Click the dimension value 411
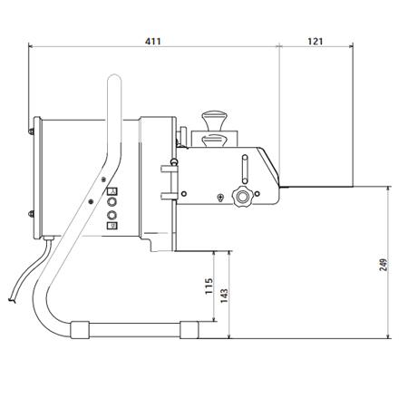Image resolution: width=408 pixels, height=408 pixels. point(153,39)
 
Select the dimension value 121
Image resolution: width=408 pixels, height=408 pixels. point(315,39)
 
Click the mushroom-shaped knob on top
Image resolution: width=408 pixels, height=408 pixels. point(215,118)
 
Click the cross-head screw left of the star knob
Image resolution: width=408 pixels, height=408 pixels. point(221,197)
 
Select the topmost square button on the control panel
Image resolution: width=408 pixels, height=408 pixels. point(112,191)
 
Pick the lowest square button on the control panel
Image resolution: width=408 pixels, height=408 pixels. point(112,228)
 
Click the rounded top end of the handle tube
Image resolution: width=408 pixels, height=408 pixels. point(115,83)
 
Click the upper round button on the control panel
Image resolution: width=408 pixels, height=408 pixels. point(112,203)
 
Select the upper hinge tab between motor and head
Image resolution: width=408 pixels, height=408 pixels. point(168,167)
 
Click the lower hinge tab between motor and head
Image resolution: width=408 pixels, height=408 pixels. point(168,194)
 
